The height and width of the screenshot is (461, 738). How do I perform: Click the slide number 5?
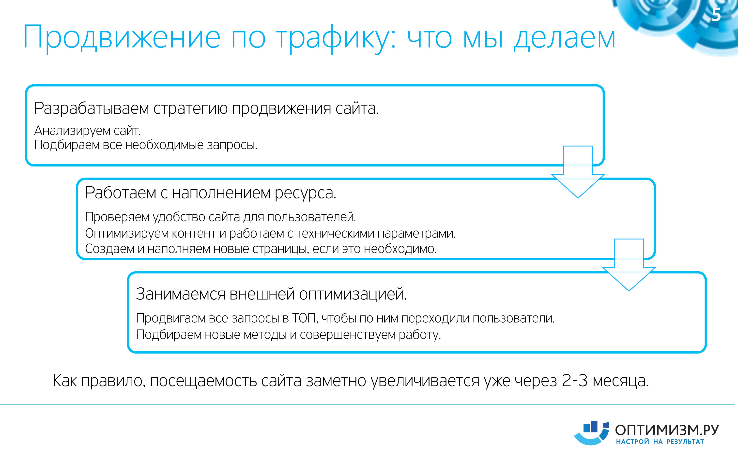pos(716,15)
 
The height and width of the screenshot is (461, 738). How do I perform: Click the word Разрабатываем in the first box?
pos(92,108)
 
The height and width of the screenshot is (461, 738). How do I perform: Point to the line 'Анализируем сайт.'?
pos(88,131)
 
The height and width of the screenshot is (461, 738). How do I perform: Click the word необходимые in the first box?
pos(164,145)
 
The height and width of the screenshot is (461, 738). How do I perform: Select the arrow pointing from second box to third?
pos(629,265)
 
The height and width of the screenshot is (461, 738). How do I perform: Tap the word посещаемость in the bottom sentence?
pos(203,381)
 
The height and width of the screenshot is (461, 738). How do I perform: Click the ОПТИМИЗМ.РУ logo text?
pos(667,430)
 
